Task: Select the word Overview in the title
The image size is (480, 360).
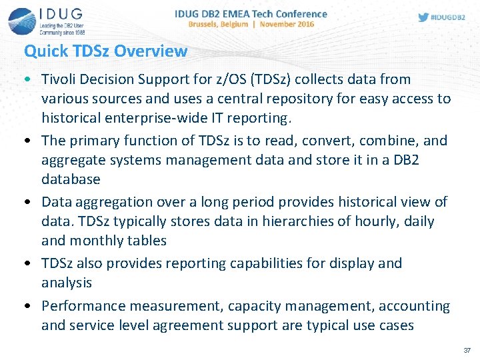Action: (x=151, y=51)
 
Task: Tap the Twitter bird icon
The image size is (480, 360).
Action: (x=423, y=17)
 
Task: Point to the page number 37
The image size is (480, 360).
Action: (x=467, y=350)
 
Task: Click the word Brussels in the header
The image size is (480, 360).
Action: (x=207, y=24)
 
